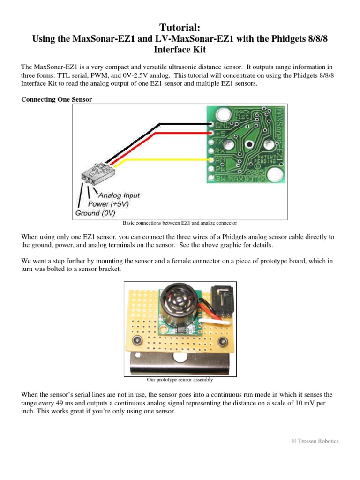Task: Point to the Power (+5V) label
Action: pos(108,204)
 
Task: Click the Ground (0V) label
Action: pos(94,213)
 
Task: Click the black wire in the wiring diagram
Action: pos(183,124)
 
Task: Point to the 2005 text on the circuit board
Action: pos(260,172)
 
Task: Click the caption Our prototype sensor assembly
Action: pos(180,380)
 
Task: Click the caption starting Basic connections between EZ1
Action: pos(180,223)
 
